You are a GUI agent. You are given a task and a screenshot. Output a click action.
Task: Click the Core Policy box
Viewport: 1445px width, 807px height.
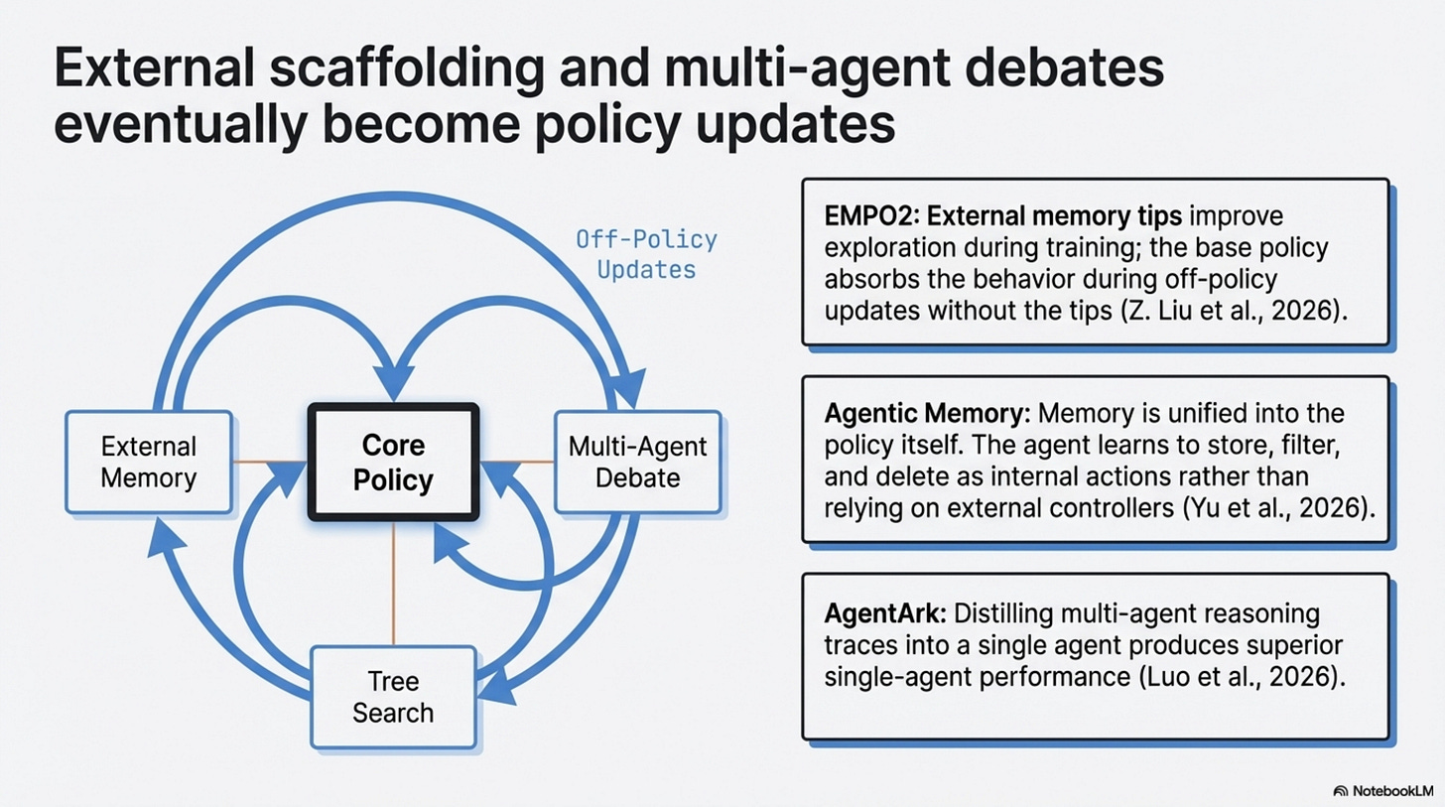(393, 463)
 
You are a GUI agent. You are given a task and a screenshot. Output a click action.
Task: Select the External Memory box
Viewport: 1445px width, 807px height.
(148, 462)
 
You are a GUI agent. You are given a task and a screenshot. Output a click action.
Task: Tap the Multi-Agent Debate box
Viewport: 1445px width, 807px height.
(637, 462)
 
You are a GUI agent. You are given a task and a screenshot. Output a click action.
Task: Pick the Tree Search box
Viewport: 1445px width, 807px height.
(393, 697)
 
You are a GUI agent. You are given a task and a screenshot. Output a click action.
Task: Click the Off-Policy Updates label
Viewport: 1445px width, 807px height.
(646, 254)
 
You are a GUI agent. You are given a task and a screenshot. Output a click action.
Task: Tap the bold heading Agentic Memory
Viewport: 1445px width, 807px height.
(902, 412)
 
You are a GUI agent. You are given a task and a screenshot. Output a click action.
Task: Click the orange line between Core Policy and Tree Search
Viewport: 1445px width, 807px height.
(394, 584)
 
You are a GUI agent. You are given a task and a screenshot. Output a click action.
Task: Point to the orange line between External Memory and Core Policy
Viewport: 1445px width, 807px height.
(270, 462)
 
